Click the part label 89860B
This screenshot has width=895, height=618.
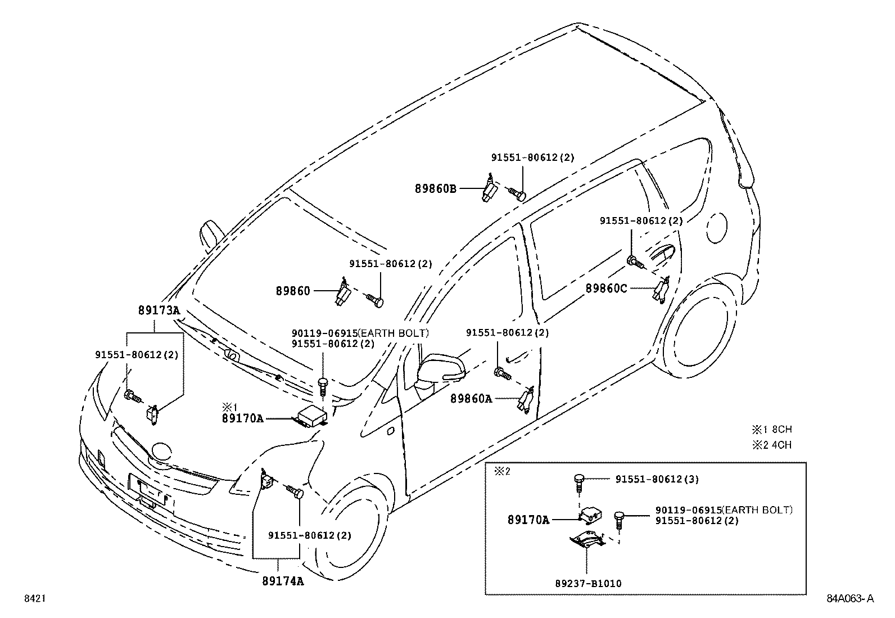[436, 189]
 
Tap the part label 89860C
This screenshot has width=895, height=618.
[606, 288]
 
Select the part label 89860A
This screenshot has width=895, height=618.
[471, 399]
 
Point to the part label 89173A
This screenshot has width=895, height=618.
[158, 310]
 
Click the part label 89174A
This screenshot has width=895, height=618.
[282, 581]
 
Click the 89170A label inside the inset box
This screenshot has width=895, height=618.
[528, 520]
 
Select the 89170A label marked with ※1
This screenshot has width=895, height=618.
[242, 418]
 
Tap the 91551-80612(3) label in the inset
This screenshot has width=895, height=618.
[657, 479]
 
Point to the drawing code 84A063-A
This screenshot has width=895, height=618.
[850, 599]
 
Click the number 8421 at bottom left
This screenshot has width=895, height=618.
[34, 599]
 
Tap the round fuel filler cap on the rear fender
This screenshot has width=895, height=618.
[717, 227]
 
